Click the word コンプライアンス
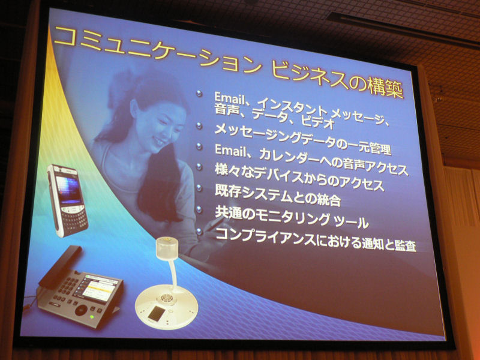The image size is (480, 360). [x=266, y=236]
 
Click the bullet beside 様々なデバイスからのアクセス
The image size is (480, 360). [x=199, y=167]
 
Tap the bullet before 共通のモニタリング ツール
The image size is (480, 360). [x=199, y=209]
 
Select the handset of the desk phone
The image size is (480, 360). [x=61, y=266]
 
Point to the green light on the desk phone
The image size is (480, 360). [x=91, y=317]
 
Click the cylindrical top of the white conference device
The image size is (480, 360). [x=167, y=248]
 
